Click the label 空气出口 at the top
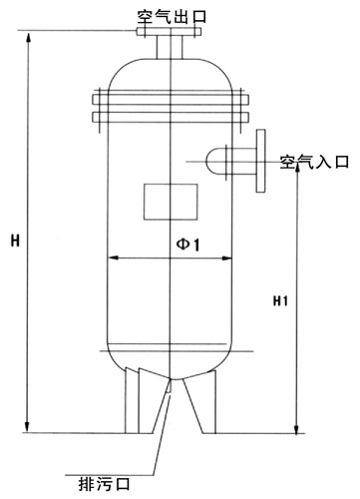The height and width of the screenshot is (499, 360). tap(172, 17)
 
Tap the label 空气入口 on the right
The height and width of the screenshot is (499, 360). tap(314, 162)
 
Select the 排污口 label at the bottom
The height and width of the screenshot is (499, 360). tap(104, 484)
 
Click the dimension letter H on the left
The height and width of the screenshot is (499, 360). tap(15, 241)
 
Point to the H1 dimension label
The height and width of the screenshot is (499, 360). tap(280, 301)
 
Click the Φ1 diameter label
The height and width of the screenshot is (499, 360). tap(188, 245)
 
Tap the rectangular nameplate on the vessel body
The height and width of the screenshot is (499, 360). tap(171, 202)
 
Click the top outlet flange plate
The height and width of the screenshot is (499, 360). tap(169, 31)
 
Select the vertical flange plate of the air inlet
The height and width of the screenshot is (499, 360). tap(261, 161)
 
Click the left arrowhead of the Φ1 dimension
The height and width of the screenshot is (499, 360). tap(114, 257)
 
